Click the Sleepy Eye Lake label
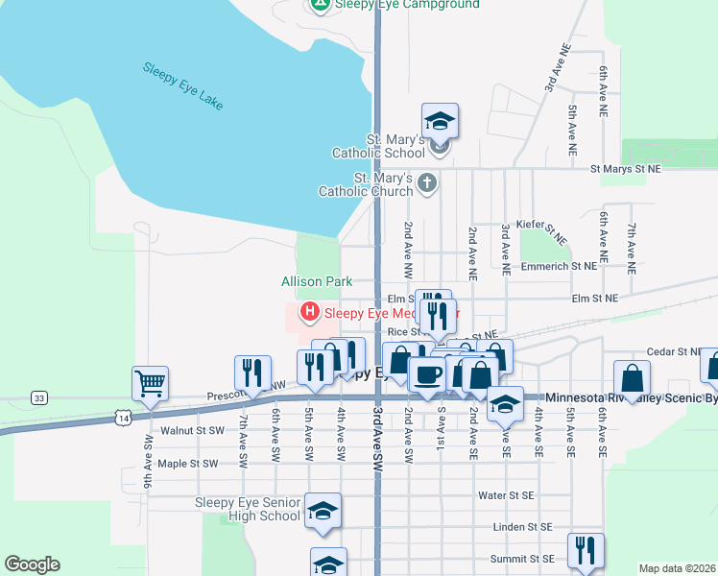[x=182, y=86]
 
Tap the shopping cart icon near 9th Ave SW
[x=150, y=383]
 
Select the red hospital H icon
[x=310, y=311]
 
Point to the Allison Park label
[x=317, y=281]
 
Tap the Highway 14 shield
[x=122, y=416]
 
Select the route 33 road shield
[x=38, y=397]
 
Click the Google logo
[x=32, y=564]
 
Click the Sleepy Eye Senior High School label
[x=248, y=509]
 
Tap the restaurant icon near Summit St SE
[x=586, y=549]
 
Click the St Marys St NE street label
[x=626, y=169]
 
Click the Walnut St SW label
[x=193, y=432]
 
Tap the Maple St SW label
[x=188, y=464]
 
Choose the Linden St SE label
[x=521, y=527]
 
